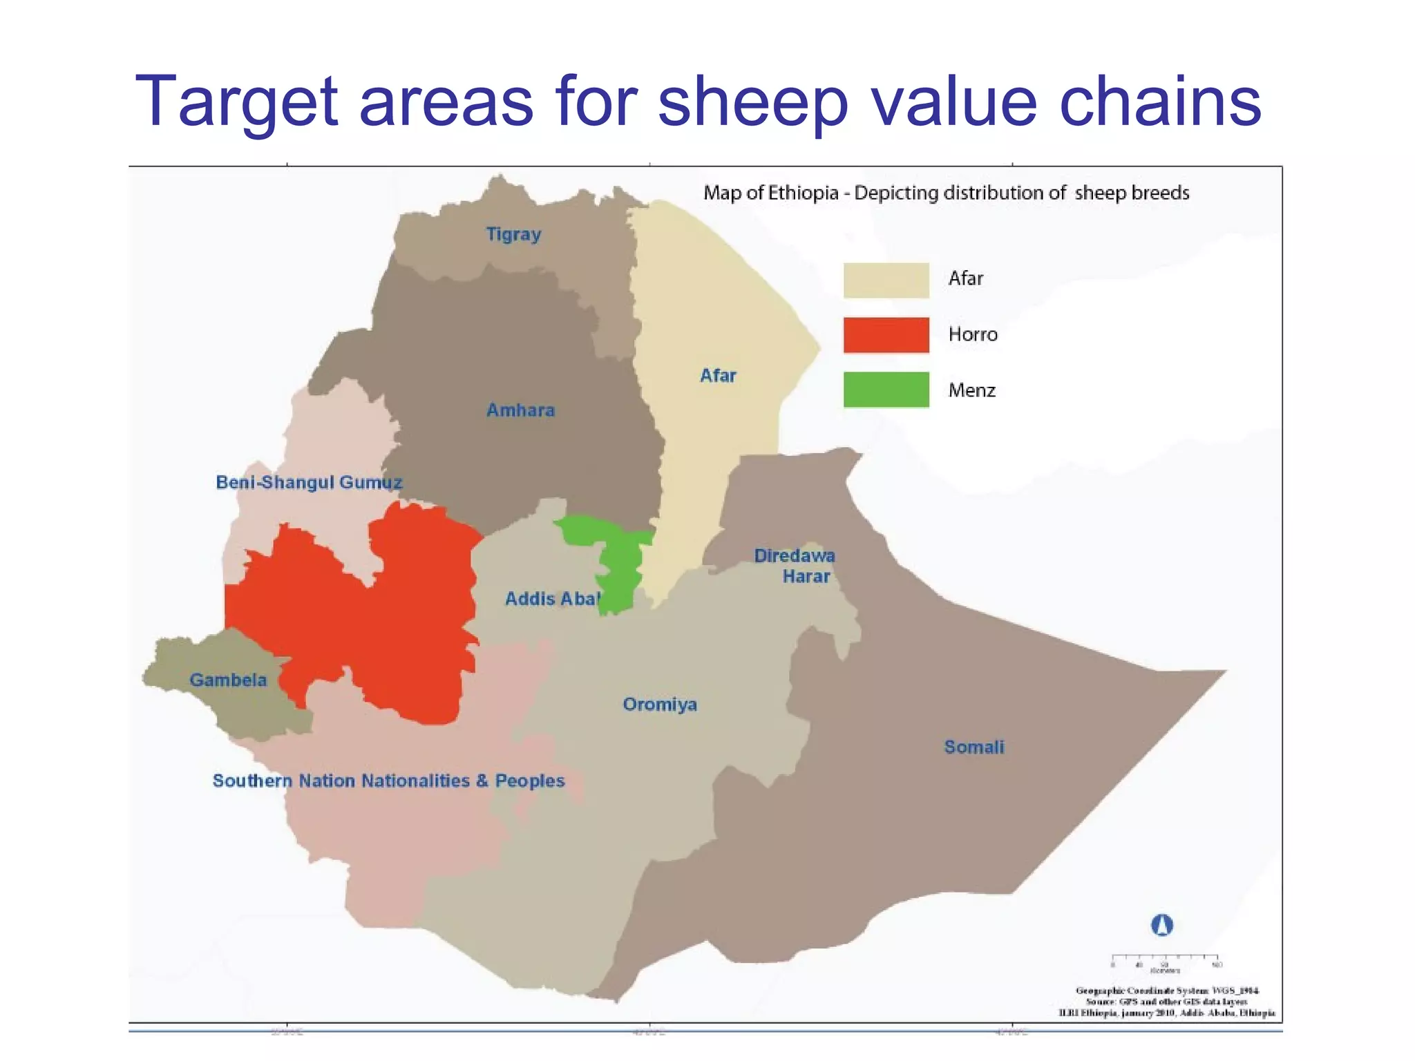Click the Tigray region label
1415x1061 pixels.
pyautogui.click(x=513, y=235)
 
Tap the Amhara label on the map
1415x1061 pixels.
pyautogui.click(x=520, y=410)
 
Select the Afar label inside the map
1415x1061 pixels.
pyautogui.click(x=718, y=376)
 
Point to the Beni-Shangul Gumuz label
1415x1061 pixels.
pyautogui.click(x=309, y=482)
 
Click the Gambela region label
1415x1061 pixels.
pyautogui.click(x=228, y=680)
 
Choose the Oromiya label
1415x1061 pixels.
pyautogui.click(x=660, y=705)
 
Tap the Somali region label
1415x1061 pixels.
pyautogui.click(x=974, y=747)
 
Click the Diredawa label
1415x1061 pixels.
pyautogui.click(x=795, y=556)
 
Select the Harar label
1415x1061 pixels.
pyautogui.click(x=806, y=577)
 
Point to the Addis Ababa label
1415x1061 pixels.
pyautogui.click(x=553, y=599)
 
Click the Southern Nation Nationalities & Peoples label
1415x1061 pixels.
pyautogui.click(x=388, y=781)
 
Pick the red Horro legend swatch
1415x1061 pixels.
pyautogui.click(x=886, y=335)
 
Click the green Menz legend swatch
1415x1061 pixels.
pyautogui.click(x=886, y=390)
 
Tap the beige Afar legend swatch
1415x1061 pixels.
pyautogui.click(x=886, y=280)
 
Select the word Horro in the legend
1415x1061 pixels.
pyautogui.click(x=973, y=335)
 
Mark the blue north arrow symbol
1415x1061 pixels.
pyautogui.click(x=1161, y=925)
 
